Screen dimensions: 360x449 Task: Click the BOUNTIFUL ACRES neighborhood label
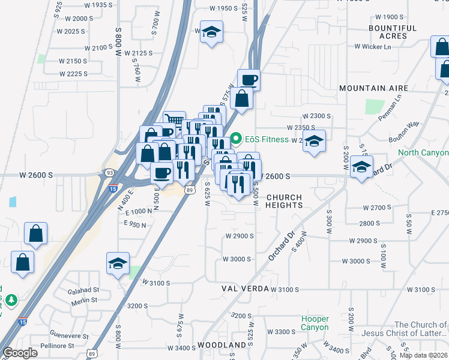393,32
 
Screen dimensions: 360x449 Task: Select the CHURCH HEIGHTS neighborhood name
284,201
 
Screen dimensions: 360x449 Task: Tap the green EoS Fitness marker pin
236,139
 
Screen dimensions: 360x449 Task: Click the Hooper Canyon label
315,323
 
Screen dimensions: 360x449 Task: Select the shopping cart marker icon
174,121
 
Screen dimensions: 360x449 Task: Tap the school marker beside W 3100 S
118,263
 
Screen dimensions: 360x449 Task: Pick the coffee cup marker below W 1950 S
249,79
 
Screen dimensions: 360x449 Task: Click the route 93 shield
109,173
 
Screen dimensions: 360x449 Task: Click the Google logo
21,353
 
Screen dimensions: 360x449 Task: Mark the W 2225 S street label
73,74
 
